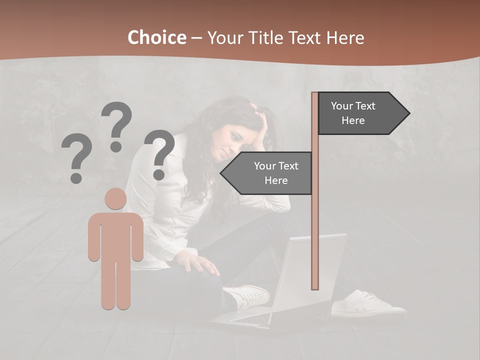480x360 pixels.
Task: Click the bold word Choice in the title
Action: point(156,38)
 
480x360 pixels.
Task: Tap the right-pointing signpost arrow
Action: point(363,113)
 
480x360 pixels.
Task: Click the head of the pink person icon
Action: point(115,198)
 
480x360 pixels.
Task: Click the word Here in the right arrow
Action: point(353,120)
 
